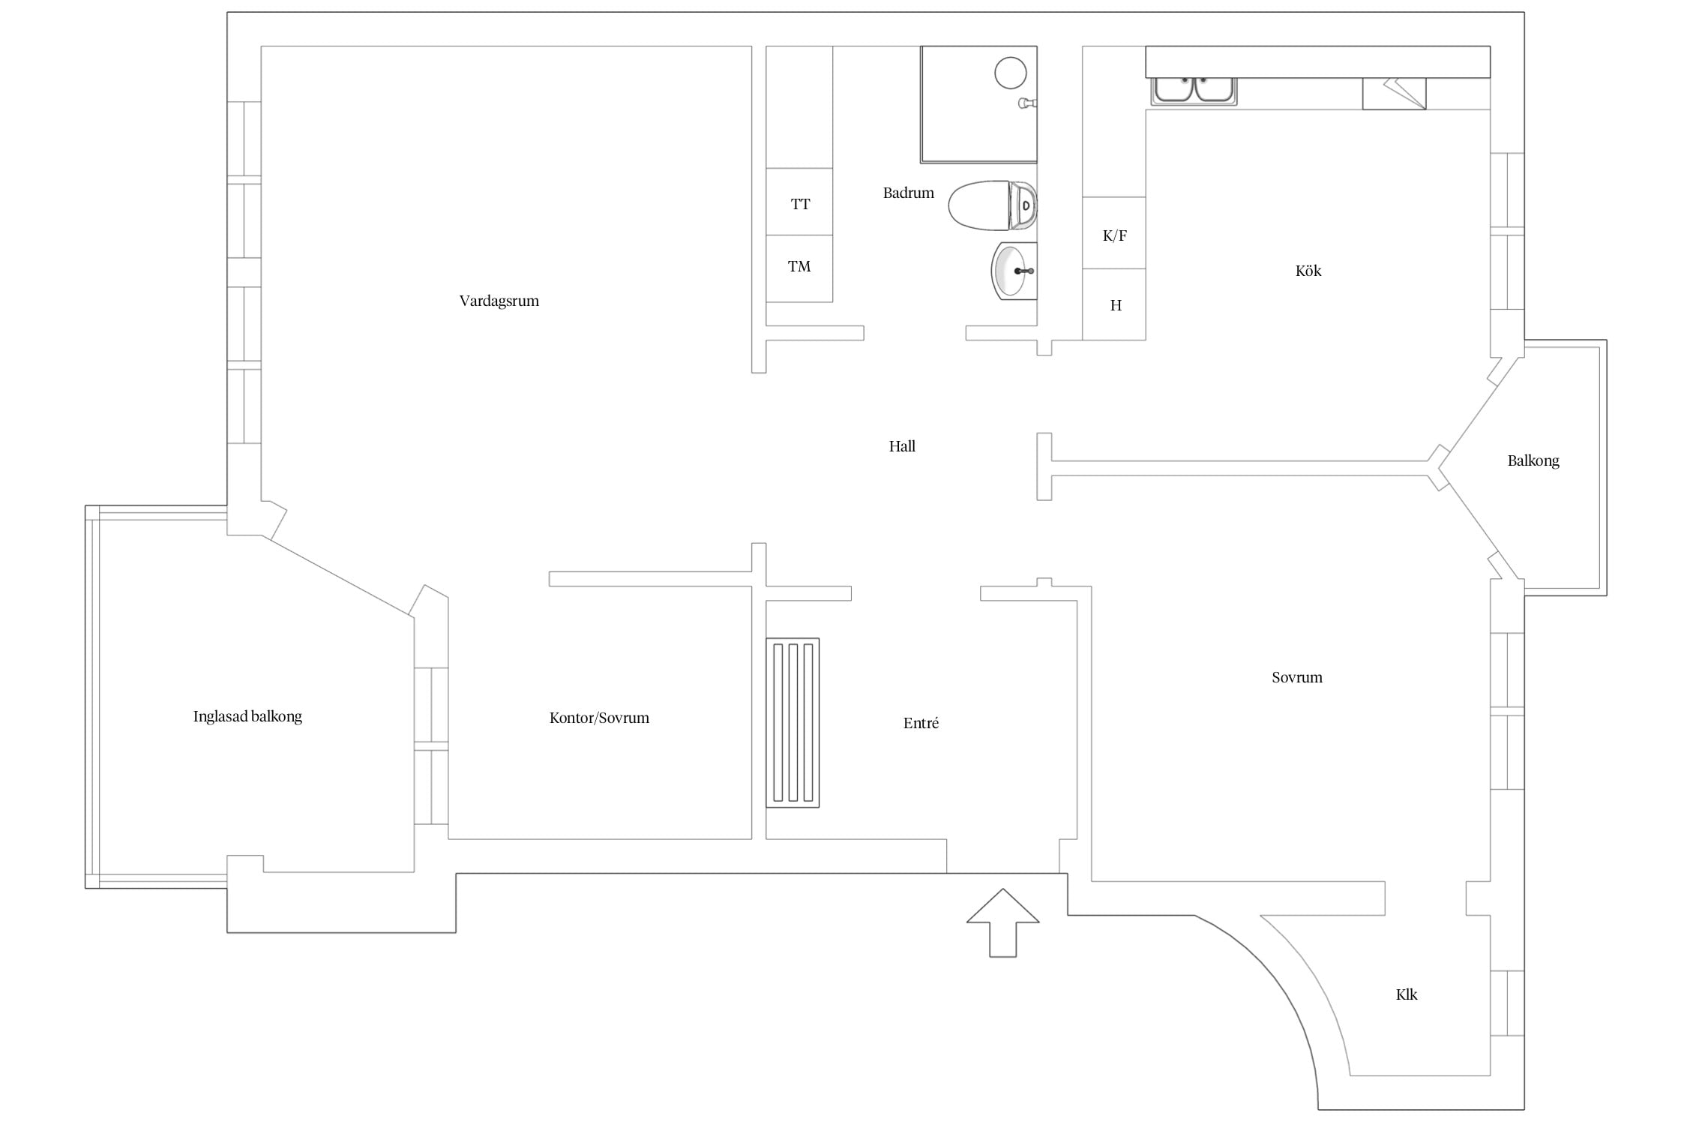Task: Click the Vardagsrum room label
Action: coord(499,301)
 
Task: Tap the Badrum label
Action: coord(908,193)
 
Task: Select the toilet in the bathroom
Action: coord(992,205)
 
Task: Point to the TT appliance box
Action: coord(799,202)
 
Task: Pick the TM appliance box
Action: coord(799,268)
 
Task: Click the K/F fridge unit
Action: coord(1114,232)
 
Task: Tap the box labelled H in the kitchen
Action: coord(1114,304)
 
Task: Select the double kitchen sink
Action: coord(1194,90)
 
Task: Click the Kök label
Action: coord(1308,271)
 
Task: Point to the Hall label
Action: coord(902,446)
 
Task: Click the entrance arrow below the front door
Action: coord(1002,922)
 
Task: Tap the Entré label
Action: coord(921,723)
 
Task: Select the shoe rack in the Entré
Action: coord(793,722)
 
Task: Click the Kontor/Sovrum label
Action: coord(599,718)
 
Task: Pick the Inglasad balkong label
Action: coord(247,716)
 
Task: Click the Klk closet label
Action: coord(1407,994)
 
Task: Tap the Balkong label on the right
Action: coord(1533,460)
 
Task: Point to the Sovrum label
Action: coord(1297,677)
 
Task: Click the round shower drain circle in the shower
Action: coord(1010,73)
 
